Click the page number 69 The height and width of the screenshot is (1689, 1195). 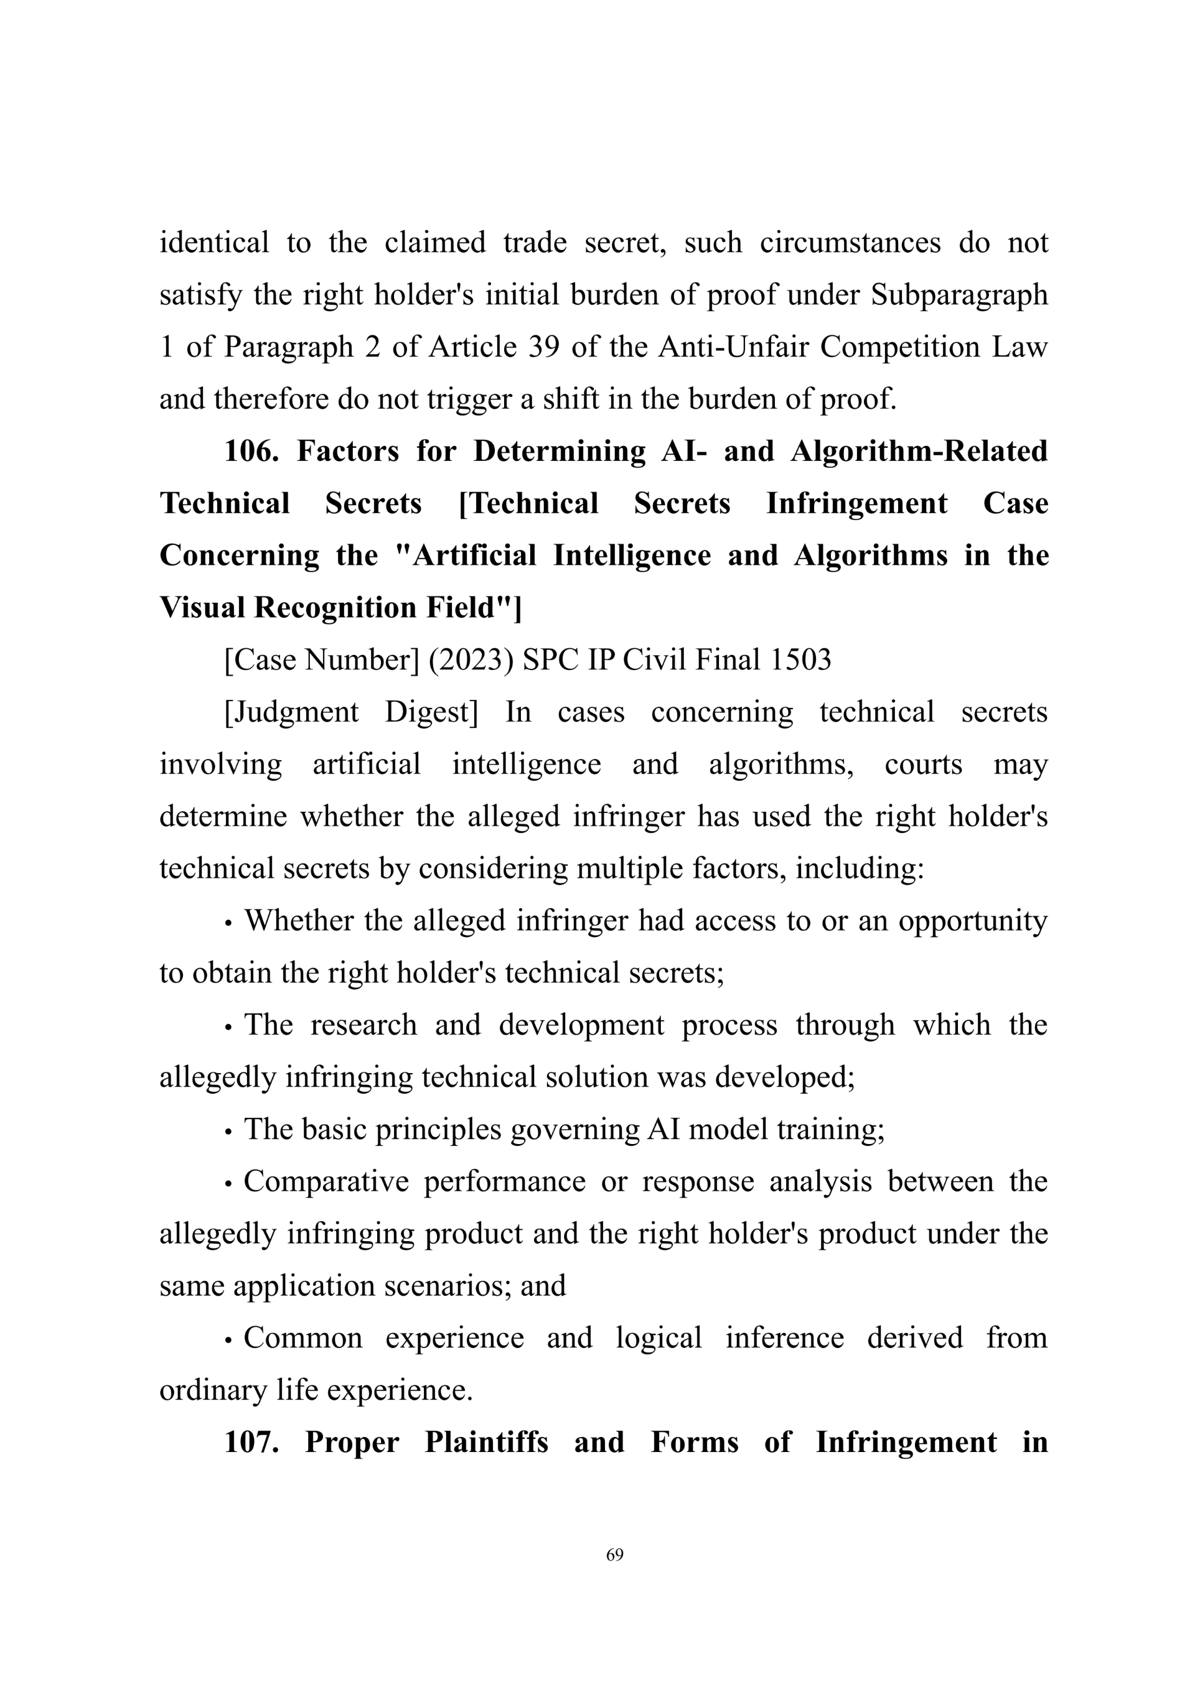click(x=614, y=1555)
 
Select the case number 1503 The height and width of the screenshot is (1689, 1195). click(x=800, y=660)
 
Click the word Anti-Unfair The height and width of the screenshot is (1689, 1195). click(x=735, y=347)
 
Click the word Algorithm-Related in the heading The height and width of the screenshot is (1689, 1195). click(x=919, y=451)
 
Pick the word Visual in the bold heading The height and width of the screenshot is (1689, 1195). click(x=202, y=608)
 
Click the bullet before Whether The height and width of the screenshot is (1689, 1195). click(x=229, y=923)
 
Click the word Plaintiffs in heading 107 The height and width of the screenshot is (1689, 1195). click(x=486, y=1442)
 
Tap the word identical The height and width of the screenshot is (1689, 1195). click(x=214, y=242)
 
